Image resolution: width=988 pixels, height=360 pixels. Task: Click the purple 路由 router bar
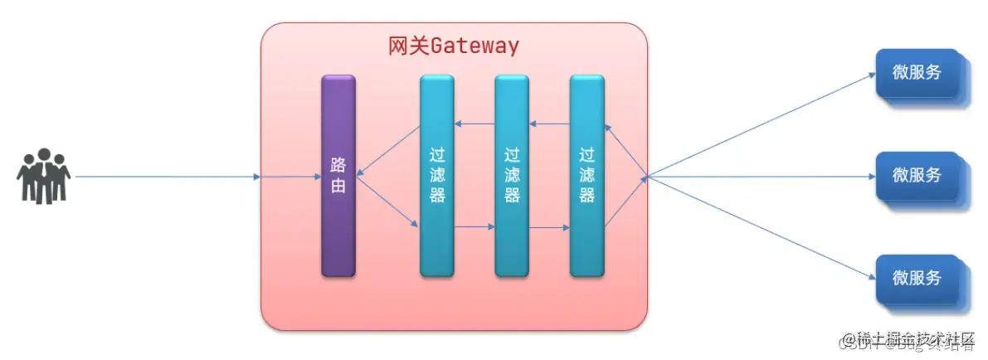pos(338,175)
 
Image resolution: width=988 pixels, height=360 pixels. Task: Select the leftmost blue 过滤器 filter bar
pos(436,175)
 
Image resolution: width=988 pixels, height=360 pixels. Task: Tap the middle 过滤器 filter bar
pos(511,175)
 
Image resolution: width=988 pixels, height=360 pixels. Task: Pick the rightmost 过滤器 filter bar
pos(586,175)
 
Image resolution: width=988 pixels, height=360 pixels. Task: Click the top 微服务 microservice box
pos(917,72)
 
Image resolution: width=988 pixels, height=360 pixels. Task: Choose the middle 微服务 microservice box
pos(917,175)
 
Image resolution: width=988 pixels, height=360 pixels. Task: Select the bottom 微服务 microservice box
pos(917,278)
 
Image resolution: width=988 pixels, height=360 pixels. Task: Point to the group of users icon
pos(44,176)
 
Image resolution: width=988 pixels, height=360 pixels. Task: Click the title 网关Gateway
pos(454,46)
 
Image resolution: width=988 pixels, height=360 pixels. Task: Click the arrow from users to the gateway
pos(166,177)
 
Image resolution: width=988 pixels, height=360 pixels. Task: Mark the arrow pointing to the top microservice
pos(763,124)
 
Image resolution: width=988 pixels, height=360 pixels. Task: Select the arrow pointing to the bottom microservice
pos(763,227)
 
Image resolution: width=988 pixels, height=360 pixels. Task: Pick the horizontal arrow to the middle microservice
pos(763,177)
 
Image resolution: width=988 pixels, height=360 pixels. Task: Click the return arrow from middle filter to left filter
pos(475,124)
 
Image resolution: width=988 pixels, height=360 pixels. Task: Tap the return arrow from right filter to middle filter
pos(549,124)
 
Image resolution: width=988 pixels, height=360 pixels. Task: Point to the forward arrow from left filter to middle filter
pos(475,226)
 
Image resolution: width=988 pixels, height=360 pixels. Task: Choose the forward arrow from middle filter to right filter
pos(549,226)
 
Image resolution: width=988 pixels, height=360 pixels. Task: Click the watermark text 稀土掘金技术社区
pos(908,338)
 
